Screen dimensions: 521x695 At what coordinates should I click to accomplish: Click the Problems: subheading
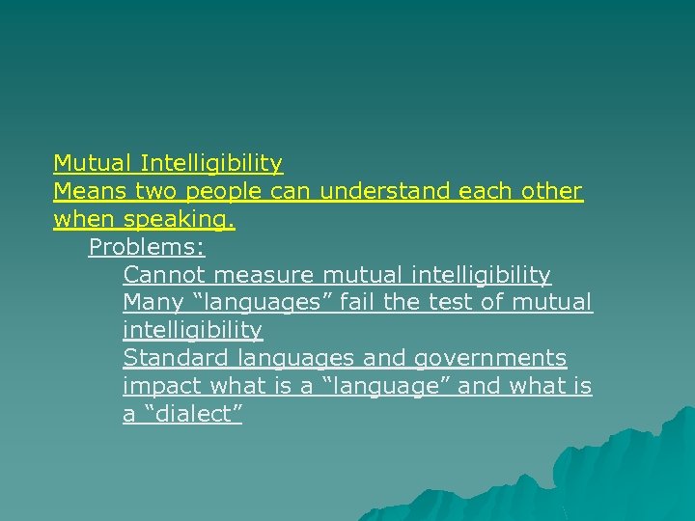pos(147,247)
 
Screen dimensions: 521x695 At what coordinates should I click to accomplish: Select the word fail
pos(357,302)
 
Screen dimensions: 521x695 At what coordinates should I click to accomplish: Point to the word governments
pos(489,359)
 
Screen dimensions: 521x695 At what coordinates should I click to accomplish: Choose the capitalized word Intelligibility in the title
pos(210,163)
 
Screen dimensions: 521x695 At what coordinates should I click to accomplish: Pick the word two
pos(156,191)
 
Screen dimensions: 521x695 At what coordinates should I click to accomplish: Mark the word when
pos(84,220)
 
